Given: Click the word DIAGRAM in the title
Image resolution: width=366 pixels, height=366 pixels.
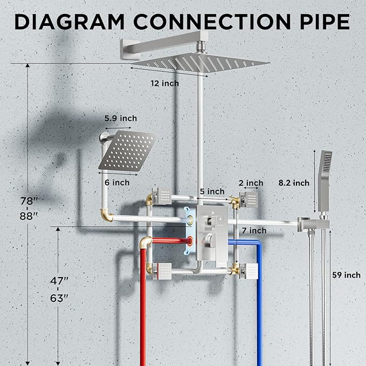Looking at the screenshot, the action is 70,22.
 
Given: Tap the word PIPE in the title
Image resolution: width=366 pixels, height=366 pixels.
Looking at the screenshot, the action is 324,22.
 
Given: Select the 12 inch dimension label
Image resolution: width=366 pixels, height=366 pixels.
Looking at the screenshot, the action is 165,84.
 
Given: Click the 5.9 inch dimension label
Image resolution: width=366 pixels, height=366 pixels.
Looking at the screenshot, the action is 121,119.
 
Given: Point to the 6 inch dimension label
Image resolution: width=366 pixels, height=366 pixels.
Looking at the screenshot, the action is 117,183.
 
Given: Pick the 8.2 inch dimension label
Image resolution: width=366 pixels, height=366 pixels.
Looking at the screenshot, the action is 294,183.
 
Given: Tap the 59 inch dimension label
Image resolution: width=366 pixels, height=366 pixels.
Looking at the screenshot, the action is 347,275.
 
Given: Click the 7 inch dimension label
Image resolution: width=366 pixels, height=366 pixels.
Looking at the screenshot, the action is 254,231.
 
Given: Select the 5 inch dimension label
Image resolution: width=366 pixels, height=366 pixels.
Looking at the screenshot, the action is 212,191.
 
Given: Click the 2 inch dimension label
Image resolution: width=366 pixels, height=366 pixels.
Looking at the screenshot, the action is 251,183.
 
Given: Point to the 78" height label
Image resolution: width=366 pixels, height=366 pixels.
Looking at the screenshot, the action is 29,201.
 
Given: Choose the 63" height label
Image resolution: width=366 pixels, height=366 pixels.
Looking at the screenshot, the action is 59,298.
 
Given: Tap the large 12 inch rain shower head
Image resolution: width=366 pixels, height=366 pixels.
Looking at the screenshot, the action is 201,62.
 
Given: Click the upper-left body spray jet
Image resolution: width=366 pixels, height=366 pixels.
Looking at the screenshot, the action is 162,196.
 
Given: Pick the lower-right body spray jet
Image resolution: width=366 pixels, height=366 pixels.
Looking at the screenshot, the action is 249,271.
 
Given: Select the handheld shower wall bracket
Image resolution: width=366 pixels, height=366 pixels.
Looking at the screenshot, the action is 313,224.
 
